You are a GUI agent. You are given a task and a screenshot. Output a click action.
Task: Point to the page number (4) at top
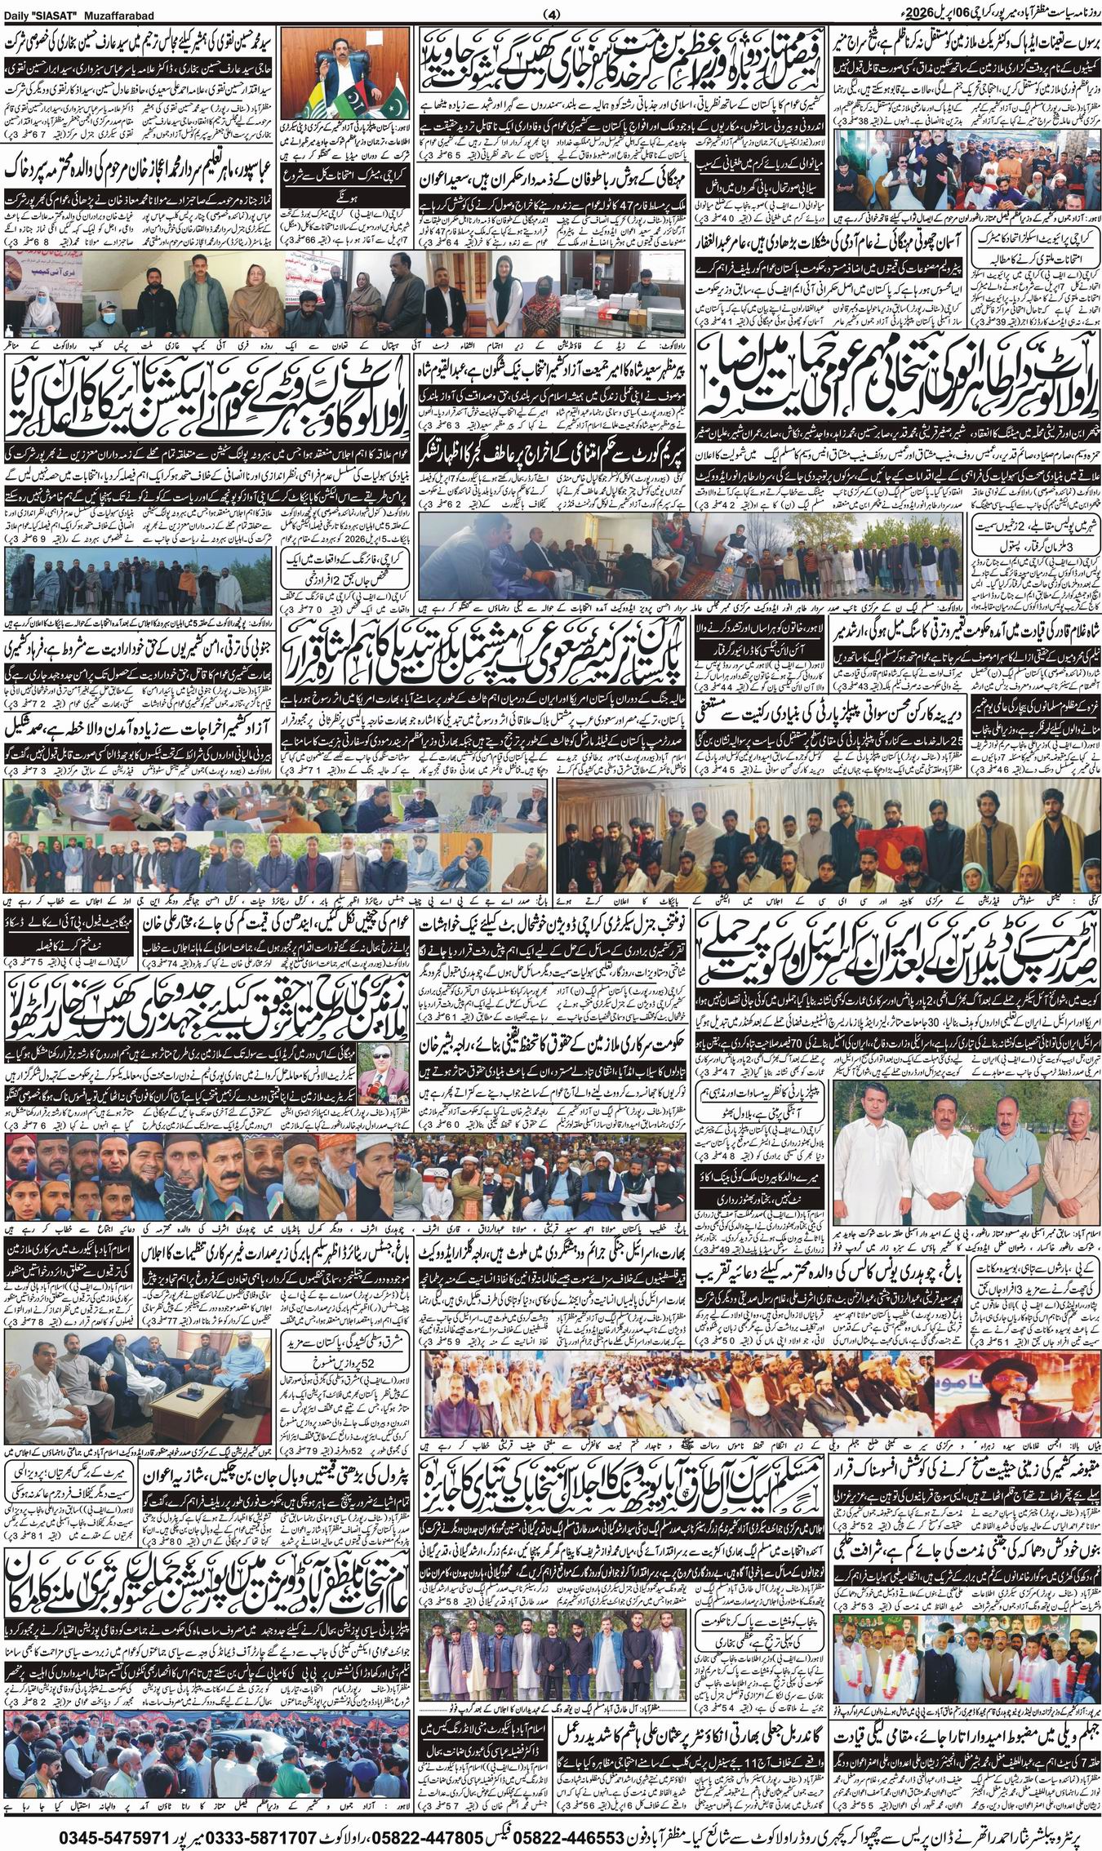551,14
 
